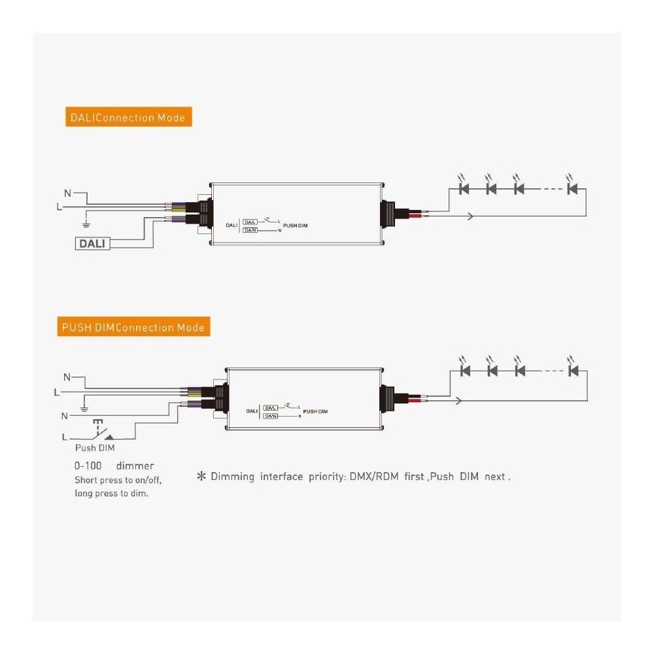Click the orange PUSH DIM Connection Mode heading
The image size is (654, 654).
click(x=133, y=327)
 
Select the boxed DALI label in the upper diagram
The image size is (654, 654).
click(x=93, y=243)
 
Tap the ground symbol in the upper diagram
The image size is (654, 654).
click(x=85, y=224)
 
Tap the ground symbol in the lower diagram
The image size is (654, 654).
click(x=84, y=409)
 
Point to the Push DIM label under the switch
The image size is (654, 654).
click(x=95, y=449)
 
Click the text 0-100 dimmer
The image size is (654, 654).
click(x=114, y=466)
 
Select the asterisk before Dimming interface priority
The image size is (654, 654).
click(x=201, y=476)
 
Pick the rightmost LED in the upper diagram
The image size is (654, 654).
click(x=573, y=189)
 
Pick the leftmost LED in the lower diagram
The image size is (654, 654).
click(x=466, y=371)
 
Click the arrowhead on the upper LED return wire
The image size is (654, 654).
click(x=470, y=215)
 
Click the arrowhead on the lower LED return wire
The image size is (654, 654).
click(x=460, y=400)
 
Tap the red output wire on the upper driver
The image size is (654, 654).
click(x=414, y=211)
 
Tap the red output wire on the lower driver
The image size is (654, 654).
click(x=415, y=396)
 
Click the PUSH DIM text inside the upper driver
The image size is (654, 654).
click(x=296, y=225)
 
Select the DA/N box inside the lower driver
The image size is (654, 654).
click(x=271, y=415)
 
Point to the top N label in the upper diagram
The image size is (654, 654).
click(x=67, y=194)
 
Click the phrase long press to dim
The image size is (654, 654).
click(x=111, y=493)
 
